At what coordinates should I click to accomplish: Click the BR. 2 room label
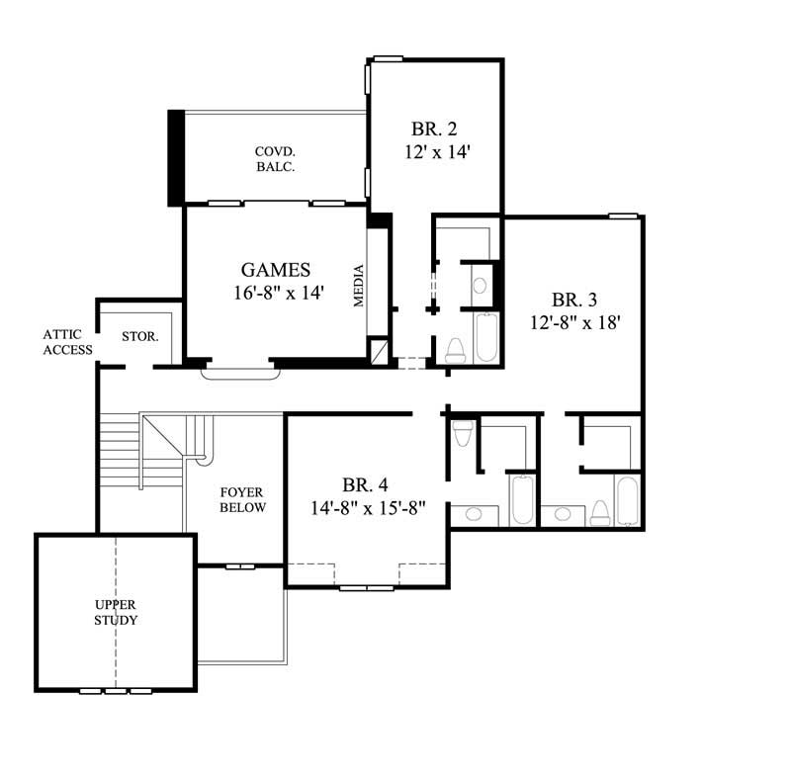[x=434, y=130]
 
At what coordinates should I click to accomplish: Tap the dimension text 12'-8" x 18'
[x=578, y=322]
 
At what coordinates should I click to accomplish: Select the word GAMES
[x=276, y=270]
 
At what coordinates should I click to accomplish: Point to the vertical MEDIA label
[x=360, y=287]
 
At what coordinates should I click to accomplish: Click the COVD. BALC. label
[x=276, y=159]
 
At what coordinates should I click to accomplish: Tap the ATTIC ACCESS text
[x=67, y=342]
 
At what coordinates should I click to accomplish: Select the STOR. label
[x=140, y=336]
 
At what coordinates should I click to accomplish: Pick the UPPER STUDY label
[x=116, y=612]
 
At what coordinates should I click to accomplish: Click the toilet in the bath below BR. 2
[x=456, y=348]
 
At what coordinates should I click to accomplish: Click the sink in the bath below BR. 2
[x=480, y=287]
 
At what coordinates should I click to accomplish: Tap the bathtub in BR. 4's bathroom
[x=522, y=499]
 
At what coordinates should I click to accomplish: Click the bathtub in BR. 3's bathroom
[x=627, y=499]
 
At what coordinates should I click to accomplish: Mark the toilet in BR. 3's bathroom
[x=599, y=511]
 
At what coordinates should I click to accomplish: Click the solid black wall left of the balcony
[x=175, y=157]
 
